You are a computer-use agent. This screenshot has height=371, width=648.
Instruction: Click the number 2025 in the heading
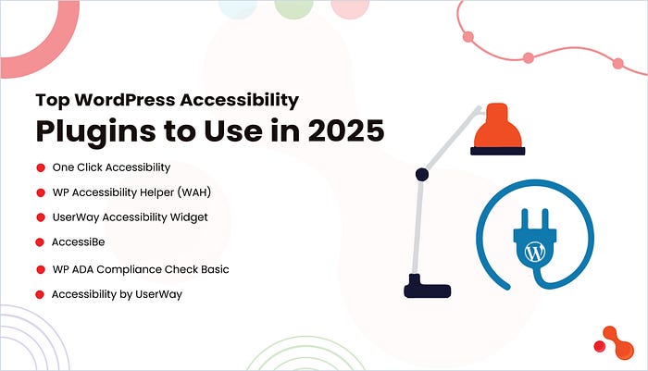pos(346,131)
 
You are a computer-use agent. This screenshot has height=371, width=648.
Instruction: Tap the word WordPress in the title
pos(125,100)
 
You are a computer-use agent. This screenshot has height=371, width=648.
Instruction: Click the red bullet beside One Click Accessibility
pos(41,167)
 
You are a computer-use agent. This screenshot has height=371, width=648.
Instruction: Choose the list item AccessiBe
pos(78,241)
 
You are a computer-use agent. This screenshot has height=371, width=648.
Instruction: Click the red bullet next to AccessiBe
pos(40,242)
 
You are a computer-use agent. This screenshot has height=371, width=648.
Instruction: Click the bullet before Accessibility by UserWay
pos(40,294)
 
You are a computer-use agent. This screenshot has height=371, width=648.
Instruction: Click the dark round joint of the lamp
pos(421,175)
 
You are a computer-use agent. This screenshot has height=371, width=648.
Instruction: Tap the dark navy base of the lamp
pos(427,287)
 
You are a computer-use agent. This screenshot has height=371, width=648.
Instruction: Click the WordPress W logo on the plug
pos(535,252)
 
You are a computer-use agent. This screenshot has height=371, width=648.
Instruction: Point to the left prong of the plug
pos(526,219)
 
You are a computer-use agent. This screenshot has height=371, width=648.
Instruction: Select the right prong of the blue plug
pos(544,219)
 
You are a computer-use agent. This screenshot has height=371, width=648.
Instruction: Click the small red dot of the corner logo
pos(600,346)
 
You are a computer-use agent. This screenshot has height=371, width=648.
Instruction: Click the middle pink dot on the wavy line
pos(529,58)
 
